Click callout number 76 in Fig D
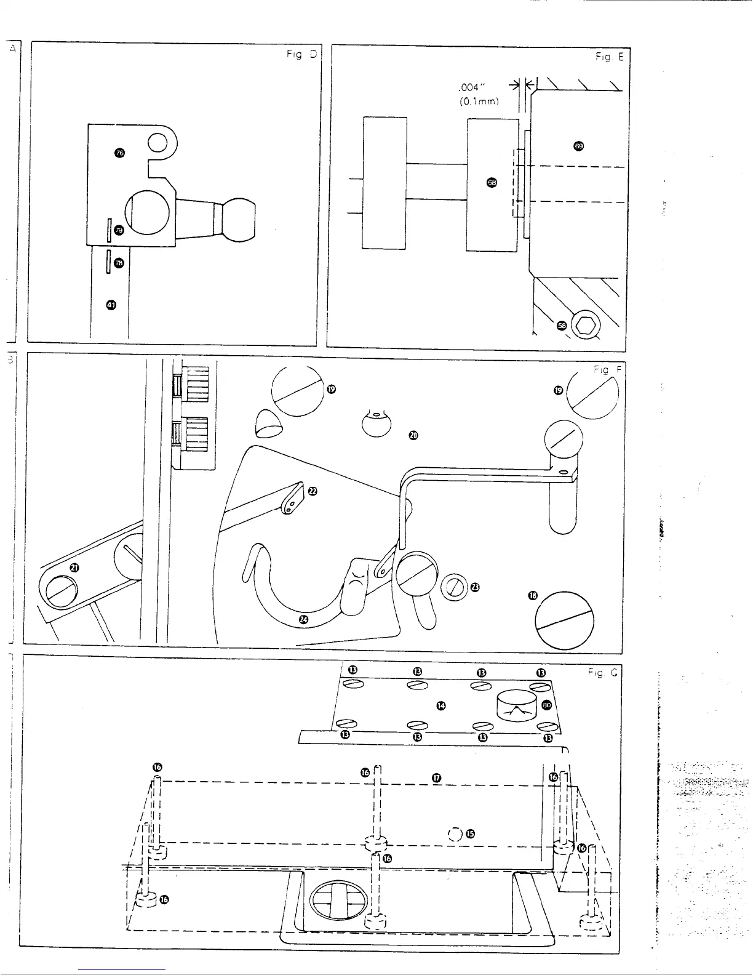[120, 153]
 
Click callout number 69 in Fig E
[578, 146]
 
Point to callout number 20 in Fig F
[413, 436]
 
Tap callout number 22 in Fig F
[312, 491]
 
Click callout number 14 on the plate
[440, 705]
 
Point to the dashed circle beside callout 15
[456, 834]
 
